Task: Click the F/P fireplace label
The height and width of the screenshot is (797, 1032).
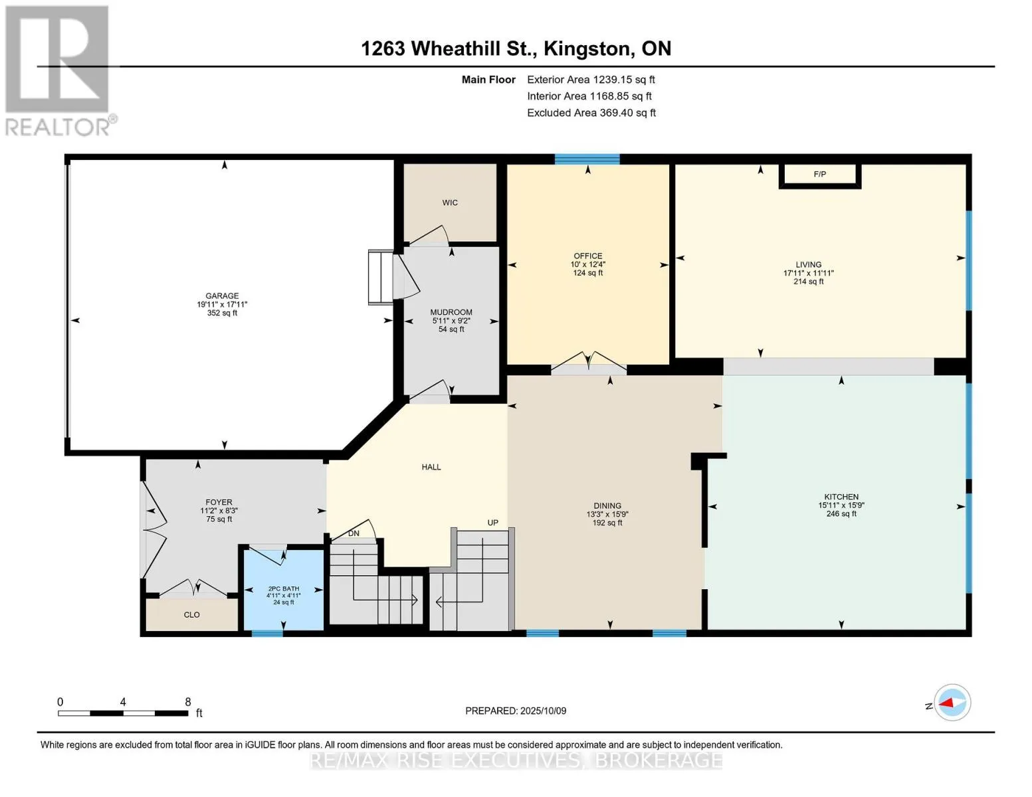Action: click(x=819, y=174)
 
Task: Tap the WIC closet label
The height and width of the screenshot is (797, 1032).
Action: click(x=450, y=203)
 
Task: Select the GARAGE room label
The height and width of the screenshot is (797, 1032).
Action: click(x=222, y=296)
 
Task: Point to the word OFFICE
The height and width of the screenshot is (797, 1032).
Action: click(x=587, y=256)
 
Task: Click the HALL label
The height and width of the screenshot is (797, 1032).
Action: click(x=431, y=467)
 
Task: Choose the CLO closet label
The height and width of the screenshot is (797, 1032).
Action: click(x=191, y=615)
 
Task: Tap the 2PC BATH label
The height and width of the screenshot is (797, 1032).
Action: click(x=284, y=588)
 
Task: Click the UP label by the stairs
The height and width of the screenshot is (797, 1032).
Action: click(x=492, y=523)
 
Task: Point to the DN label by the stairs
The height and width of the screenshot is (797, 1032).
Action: click(x=354, y=533)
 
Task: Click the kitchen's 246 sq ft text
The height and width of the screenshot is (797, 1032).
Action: click(x=841, y=513)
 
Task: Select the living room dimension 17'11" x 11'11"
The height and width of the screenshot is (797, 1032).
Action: click(x=808, y=273)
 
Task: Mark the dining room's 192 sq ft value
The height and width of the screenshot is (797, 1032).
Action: click(x=607, y=523)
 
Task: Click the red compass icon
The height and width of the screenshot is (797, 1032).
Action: click(x=952, y=703)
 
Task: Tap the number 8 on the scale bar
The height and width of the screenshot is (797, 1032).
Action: click(x=188, y=701)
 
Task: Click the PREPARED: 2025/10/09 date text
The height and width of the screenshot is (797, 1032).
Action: click(x=515, y=711)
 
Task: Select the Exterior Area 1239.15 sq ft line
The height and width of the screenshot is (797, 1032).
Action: click(x=591, y=80)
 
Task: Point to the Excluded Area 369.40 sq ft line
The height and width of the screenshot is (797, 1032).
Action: click(x=591, y=113)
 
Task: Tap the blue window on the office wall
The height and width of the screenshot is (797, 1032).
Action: click(x=587, y=159)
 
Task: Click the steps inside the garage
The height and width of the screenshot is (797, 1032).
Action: click(x=380, y=277)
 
